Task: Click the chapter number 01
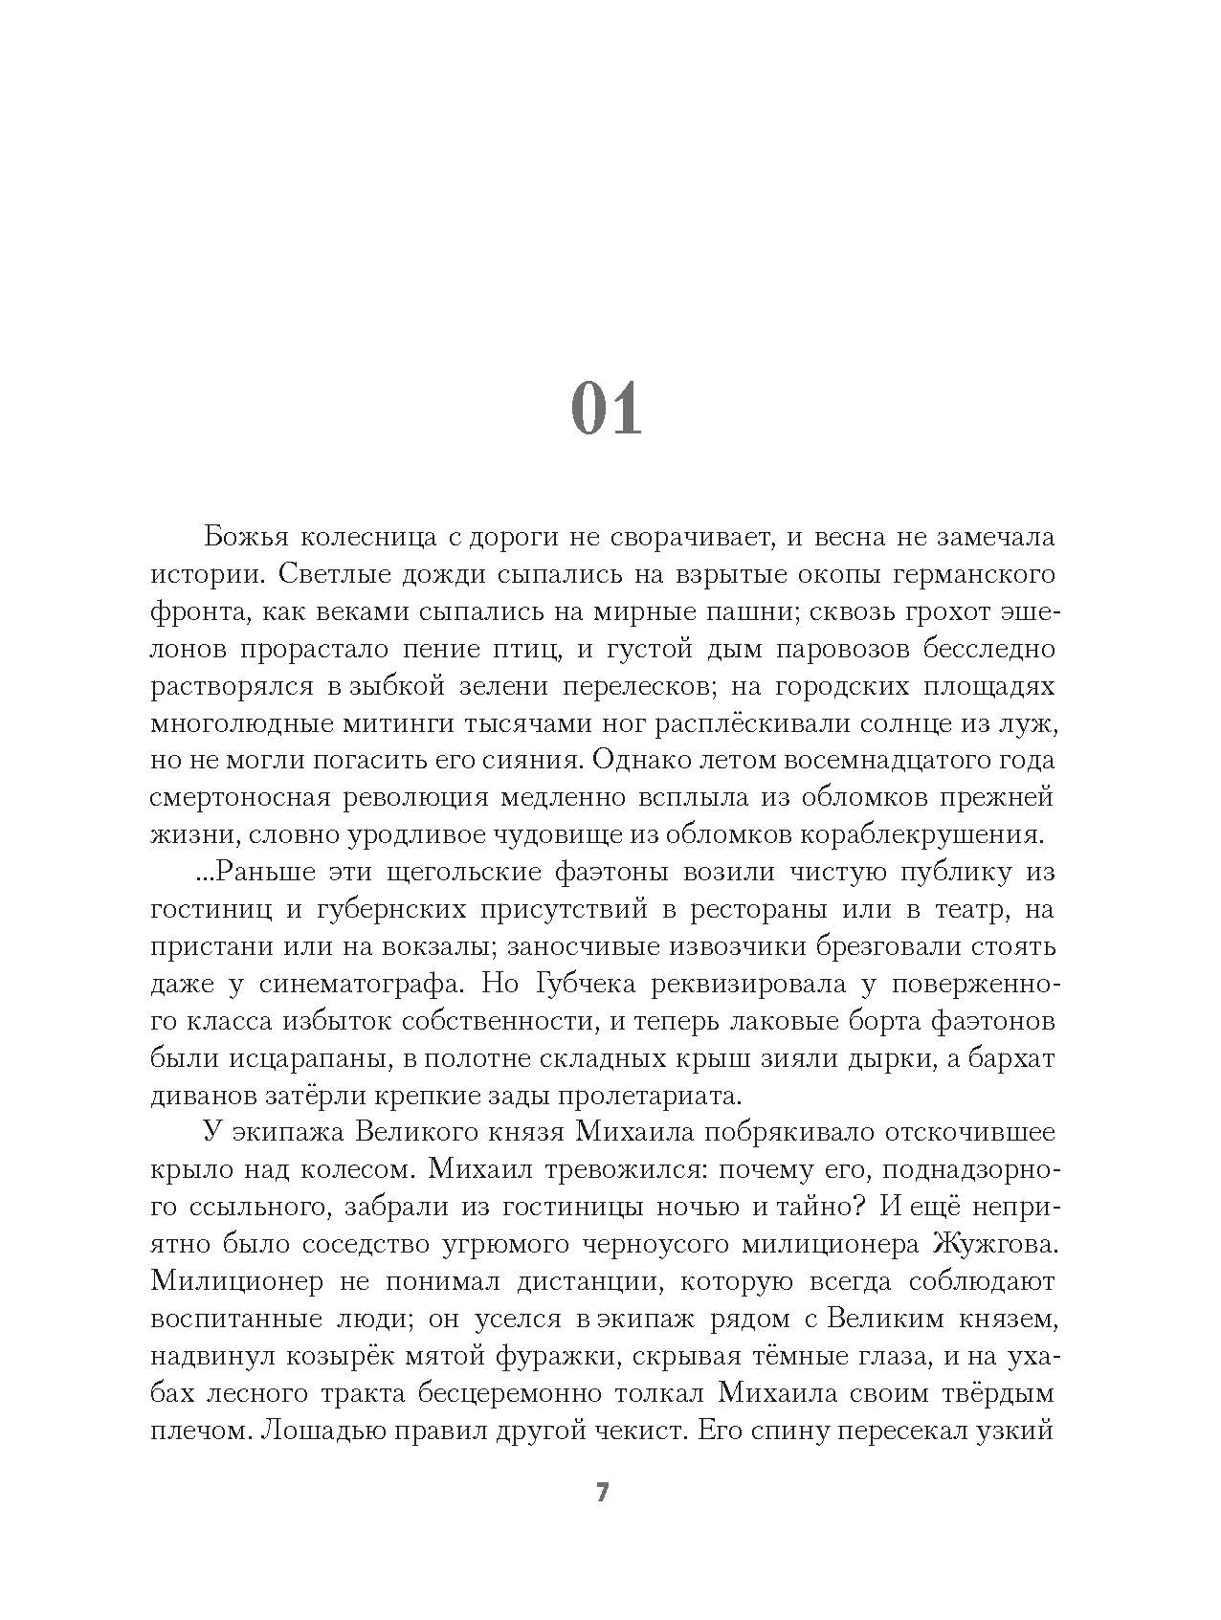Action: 606,411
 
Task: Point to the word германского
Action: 973,574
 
